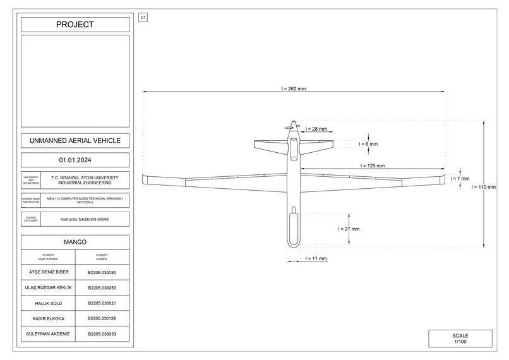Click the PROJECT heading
(75, 25)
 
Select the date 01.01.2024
(75, 160)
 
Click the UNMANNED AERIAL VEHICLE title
(75, 140)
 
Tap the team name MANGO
(75, 242)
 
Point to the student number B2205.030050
(102, 273)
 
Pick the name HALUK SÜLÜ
(49, 303)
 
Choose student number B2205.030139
(102, 318)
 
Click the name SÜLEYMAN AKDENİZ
(49, 333)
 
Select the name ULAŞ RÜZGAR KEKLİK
(49, 288)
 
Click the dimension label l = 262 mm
(294, 89)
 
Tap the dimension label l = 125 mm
(373, 165)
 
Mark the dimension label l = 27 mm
(349, 229)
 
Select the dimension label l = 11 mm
(316, 258)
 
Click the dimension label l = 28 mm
(316, 128)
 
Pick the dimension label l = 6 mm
(368, 144)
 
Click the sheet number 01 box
(143, 18)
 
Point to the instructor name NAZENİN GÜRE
(85, 219)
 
